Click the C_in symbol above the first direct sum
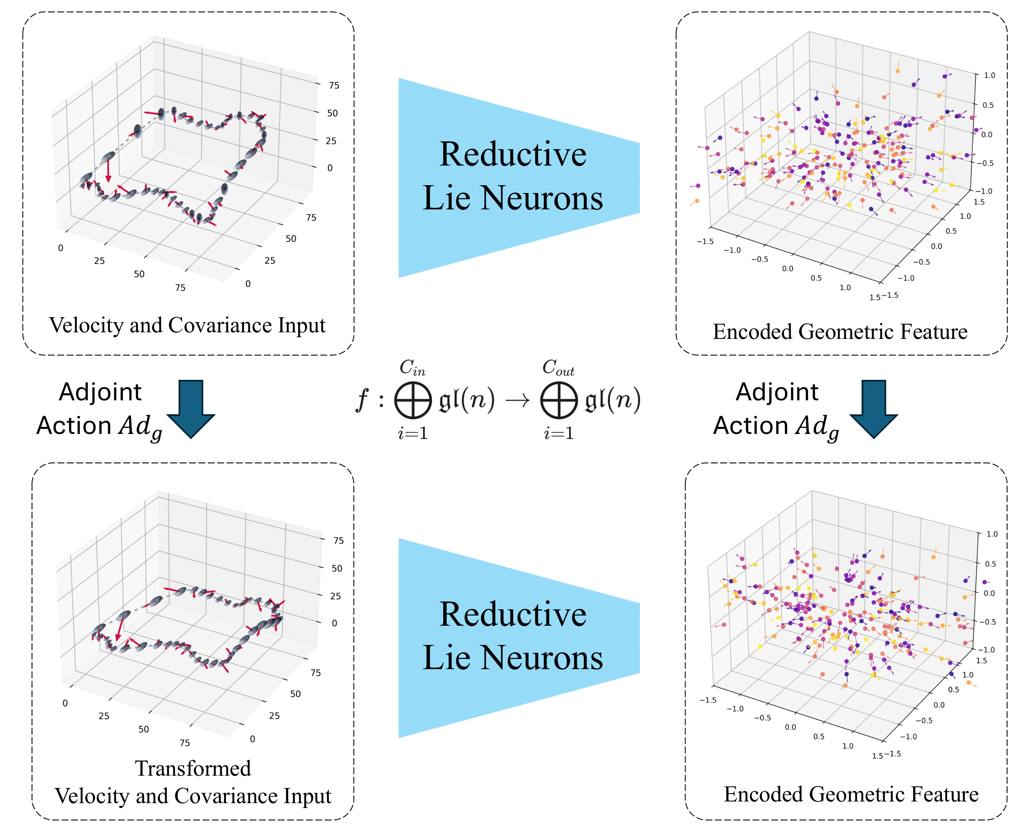[412, 368]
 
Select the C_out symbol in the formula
[558, 368]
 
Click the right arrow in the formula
[517, 400]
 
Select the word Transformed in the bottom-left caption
[193, 768]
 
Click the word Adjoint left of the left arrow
[100, 392]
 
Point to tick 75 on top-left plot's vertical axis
[334, 86]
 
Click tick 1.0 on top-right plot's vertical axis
[989, 75]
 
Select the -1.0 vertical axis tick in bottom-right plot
[986, 650]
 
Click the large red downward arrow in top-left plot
[108, 172]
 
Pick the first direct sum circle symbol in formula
[412, 400]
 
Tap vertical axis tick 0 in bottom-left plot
[334, 623]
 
